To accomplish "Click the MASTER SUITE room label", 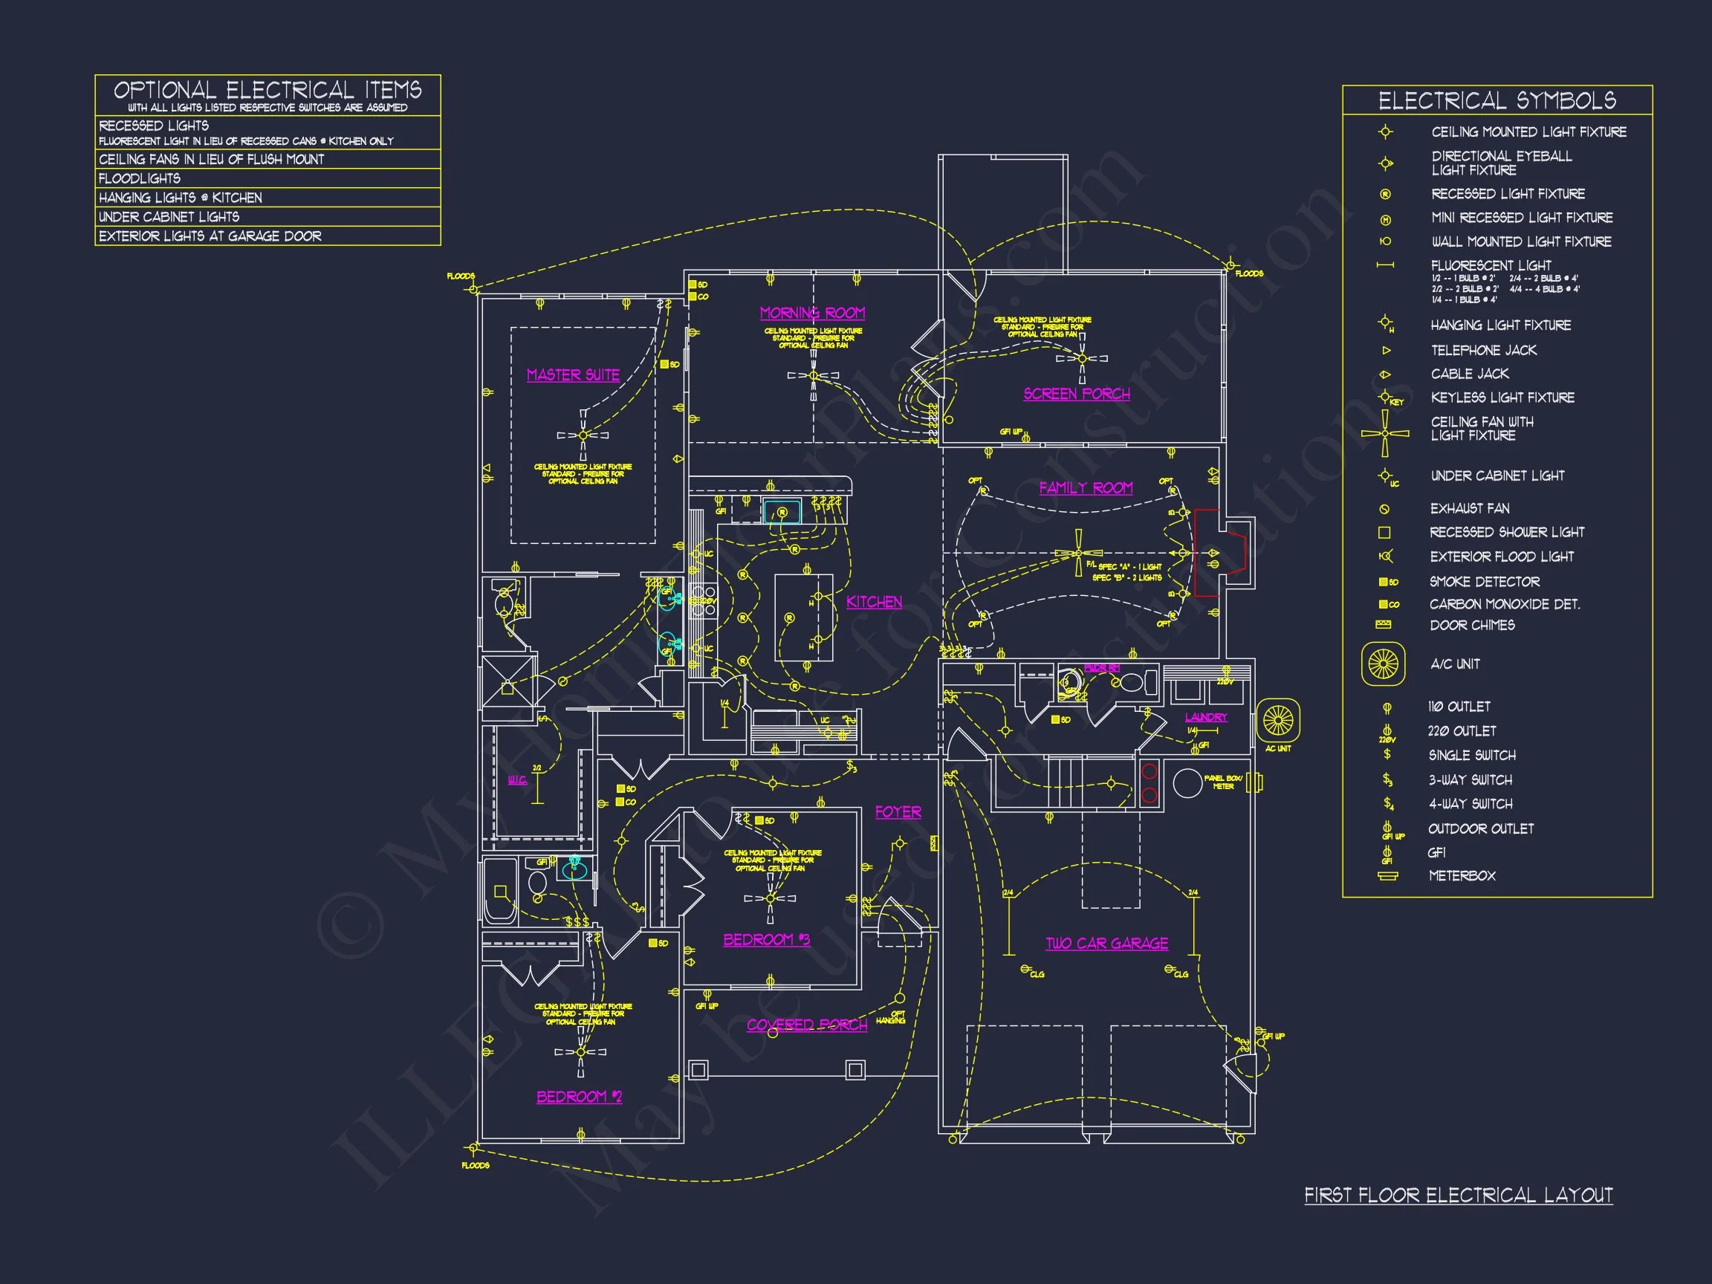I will [573, 374].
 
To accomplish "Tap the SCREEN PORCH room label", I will [1076, 394].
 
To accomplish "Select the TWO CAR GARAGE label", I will [1106, 943].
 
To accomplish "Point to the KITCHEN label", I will [874, 601].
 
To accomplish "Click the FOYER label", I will [898, 812].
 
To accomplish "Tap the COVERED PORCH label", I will [806, 1025].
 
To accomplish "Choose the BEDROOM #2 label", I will [579, 1097].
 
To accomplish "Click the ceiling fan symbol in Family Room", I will [1078, 553].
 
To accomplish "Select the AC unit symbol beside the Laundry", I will [1277, 721].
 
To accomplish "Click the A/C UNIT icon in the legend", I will [1383, 664].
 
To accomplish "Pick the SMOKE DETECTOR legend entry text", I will [1484, 581].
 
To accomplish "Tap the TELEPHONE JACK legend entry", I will [1483, 350].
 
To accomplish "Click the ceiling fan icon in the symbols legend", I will [1385, 432].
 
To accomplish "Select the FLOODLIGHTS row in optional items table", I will [267, 178].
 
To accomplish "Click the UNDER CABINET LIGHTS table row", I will [267, 217].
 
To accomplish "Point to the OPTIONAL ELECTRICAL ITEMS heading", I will [267, 90].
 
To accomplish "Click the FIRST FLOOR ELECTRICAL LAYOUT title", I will [1458, 1195].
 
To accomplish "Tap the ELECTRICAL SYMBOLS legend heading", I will [1497, 100].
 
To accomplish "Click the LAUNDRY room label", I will [1206, 718].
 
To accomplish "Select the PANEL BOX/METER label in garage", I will [1223, 782].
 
